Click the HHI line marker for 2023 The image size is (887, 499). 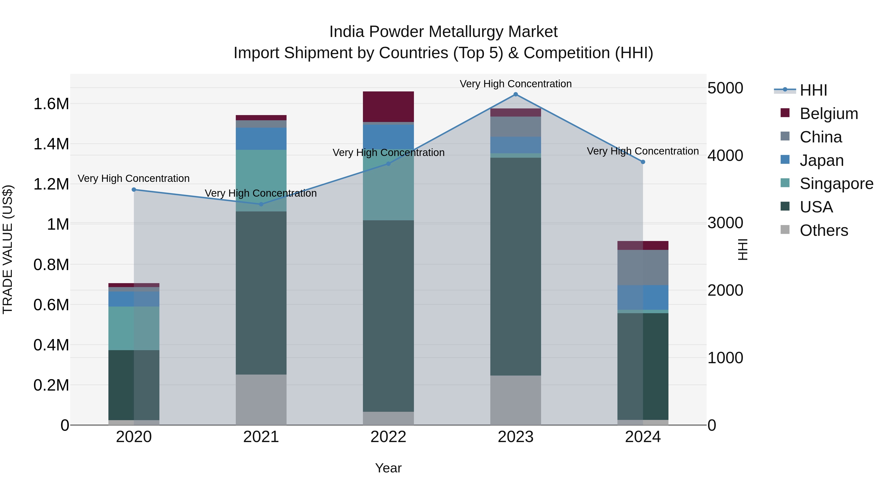point(515,94)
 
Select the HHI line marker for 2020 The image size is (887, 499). point(134,190)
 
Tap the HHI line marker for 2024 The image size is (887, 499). point(643,162)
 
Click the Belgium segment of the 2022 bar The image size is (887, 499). point(388,106)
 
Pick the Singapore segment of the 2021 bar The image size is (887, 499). point(261,180)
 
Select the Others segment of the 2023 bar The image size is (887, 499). point(515,400)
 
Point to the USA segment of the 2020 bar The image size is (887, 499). point(134,385)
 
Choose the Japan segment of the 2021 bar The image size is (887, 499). point(261,138)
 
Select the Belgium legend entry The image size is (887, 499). point(828,114)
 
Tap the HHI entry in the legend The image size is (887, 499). point(813,90)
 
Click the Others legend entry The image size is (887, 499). point(824,230)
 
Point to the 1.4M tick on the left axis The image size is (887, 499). point(51,144)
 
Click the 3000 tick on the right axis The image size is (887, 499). point(725,223)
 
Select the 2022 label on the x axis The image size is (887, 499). point(388,437)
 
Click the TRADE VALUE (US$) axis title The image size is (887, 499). point(8,249)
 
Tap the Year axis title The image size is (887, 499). point(388,468)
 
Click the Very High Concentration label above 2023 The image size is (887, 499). point(515,84)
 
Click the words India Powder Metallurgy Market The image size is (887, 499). point(443,32)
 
